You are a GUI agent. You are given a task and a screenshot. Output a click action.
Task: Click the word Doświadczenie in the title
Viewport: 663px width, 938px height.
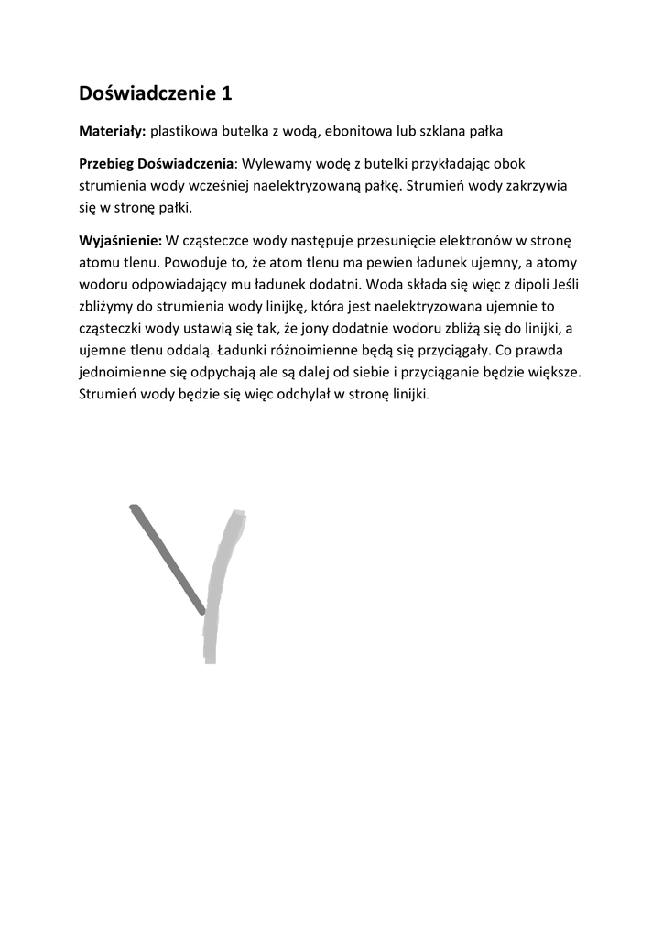pos(146,93)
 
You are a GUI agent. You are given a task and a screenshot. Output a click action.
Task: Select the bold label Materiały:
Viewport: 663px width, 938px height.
pos(112,132)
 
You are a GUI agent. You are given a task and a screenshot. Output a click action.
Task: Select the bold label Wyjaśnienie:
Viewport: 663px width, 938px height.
pos(120,241)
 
